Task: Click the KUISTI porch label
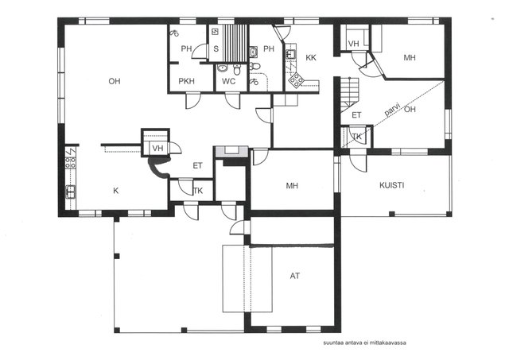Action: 392,185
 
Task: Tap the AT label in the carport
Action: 295,276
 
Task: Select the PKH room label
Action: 187,81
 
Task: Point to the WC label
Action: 228,81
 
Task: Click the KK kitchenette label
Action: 311,58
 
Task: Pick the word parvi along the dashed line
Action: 392,110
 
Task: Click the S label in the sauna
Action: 216,49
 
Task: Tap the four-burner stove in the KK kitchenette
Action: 297,79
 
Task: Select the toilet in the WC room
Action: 237,69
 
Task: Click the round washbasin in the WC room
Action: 223,68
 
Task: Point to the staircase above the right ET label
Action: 350,92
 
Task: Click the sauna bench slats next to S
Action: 235,43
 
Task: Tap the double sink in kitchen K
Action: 71,192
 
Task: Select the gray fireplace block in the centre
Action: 231,152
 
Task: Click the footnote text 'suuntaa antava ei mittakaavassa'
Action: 364,343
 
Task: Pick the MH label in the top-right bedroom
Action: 410,58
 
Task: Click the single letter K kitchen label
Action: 115,191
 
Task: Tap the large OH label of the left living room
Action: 115,81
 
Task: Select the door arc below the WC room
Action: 232,100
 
